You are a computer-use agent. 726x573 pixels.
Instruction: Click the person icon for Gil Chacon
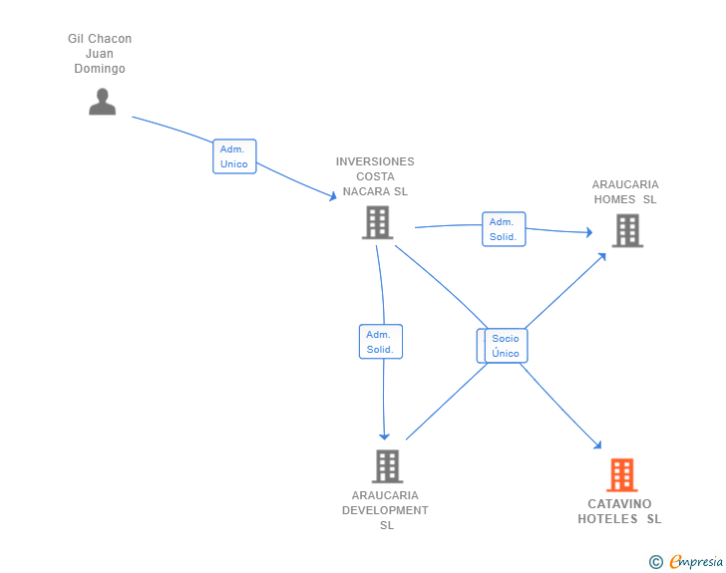103,102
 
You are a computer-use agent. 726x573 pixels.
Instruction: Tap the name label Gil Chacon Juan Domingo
100,53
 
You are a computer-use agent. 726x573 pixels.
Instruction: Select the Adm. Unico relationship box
234,156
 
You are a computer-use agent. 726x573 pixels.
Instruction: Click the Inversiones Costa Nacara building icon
377,222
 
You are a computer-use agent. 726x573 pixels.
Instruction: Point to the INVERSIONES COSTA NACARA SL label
375,176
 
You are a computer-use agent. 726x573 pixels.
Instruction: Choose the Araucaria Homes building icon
627,230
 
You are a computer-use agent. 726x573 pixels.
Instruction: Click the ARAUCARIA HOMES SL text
625,191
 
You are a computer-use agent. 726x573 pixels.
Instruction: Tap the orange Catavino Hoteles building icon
622,475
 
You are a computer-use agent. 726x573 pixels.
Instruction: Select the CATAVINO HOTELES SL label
619,511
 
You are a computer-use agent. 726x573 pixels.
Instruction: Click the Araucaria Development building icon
387,466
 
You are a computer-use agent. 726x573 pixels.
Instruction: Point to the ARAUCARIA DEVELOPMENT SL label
385,510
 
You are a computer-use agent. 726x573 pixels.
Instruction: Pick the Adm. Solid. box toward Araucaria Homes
504,229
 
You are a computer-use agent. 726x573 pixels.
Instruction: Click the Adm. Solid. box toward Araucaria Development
381,342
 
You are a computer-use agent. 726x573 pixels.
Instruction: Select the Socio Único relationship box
506,346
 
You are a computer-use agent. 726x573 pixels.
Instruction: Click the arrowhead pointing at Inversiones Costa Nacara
333,196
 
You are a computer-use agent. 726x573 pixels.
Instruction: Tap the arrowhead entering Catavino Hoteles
597,445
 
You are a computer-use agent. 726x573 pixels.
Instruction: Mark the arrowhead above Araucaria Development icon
384,436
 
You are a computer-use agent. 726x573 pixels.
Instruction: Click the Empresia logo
696,562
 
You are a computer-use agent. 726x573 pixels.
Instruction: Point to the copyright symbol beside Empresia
655,562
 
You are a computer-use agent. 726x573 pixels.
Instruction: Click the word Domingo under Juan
100,69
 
